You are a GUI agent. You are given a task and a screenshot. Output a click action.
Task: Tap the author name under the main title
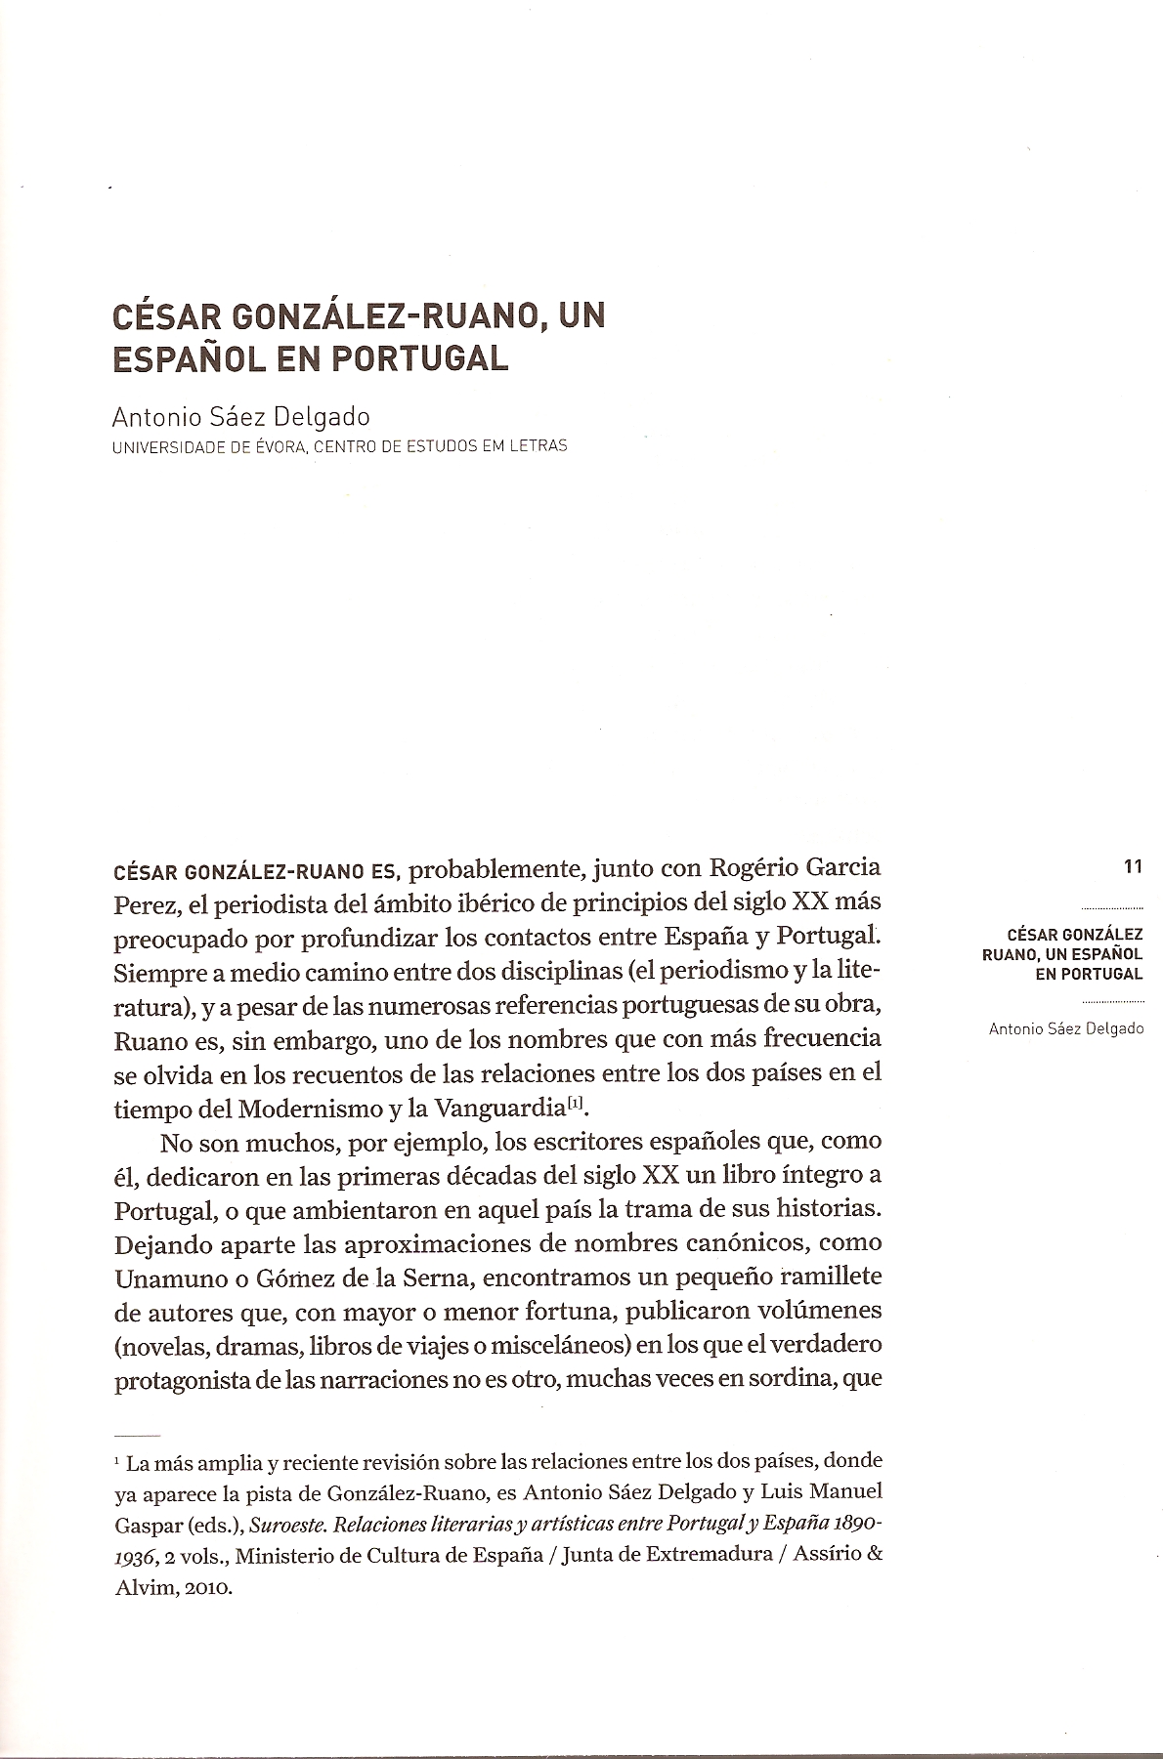click(242, 417)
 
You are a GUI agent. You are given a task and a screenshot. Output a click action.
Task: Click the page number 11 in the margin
click(1133, 866)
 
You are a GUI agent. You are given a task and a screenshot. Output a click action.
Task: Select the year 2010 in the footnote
click(203, 1587)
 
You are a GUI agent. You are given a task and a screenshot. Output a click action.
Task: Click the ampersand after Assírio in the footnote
click(875, 1556)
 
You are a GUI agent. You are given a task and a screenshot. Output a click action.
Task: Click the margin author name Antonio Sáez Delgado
click(1065, 1028)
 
